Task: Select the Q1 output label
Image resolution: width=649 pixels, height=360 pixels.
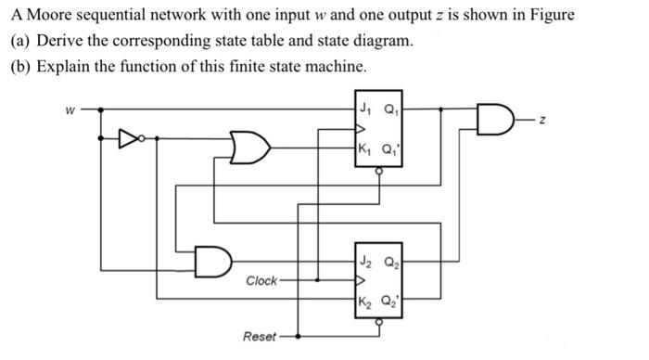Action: (x=391, y=105)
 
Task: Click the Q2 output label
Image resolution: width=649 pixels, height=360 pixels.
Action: (x=391, y=261)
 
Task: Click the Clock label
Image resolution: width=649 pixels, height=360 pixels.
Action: (x=261, y=280)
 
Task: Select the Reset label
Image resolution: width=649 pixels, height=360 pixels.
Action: (x=260, y=336)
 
